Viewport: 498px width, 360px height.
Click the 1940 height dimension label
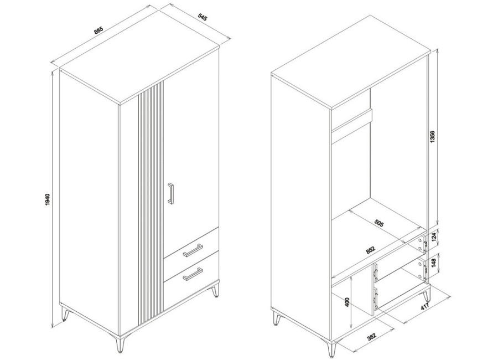pos(48,199)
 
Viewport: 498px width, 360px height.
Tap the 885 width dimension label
pos(98,31)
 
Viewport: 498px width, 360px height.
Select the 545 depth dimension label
pos(203,17)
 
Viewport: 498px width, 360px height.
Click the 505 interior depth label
pos(378,223)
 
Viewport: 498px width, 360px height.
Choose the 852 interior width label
pos(370,250)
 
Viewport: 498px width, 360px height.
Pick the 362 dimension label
pos(371,337)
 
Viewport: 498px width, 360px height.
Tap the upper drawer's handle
pos(193,249)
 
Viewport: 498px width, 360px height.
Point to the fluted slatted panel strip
pos(151,203)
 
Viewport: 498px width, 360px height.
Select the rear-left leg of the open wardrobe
pos(277,318)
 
